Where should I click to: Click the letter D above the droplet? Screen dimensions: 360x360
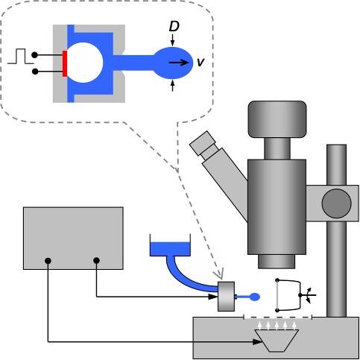pos(174,26)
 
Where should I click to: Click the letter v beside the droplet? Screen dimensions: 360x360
pos(200,62)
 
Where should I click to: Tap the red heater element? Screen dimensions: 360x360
pos(65,63)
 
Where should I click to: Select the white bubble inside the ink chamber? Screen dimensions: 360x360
pos(84,63)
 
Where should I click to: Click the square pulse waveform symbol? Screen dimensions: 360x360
pos(20,57)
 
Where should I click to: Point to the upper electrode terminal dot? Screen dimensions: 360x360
pos(35,55)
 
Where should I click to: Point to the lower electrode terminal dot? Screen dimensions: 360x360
pos(35,72)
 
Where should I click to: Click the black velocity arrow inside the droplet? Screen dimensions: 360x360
pos(179,63)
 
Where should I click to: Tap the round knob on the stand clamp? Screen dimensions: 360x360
pos(336,203)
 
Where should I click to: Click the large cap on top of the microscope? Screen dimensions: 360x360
pos(277,119)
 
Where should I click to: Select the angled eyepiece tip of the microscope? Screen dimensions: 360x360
pos(203,143)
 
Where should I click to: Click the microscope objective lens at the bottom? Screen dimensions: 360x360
pos(277,262)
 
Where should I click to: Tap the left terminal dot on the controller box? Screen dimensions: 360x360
pos(48,261)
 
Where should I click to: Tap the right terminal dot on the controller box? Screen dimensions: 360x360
pos(96,261)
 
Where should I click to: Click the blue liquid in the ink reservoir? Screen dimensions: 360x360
pos(170,249)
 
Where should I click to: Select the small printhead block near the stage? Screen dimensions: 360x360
pos(226,296)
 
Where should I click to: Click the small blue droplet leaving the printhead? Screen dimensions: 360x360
pos(254,297)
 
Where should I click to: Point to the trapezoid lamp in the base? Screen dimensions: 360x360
pos(277,341)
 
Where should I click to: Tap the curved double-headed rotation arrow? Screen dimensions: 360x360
pos(309,295)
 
